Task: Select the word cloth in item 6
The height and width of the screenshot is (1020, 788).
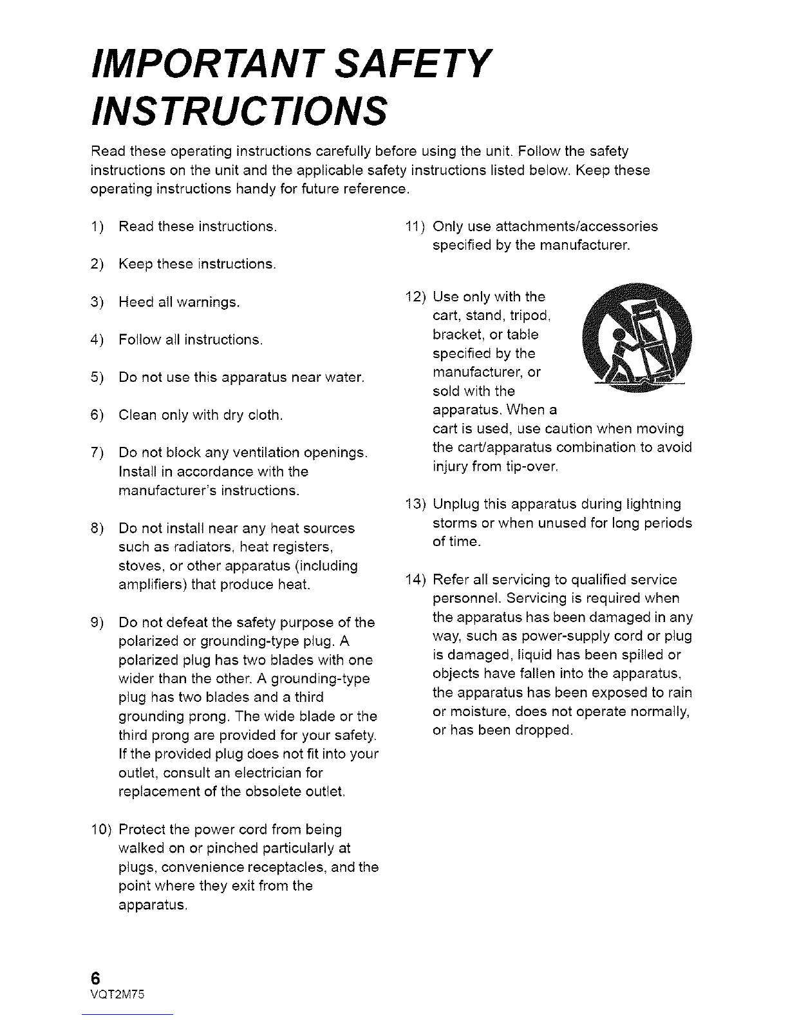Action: [263, 415]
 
